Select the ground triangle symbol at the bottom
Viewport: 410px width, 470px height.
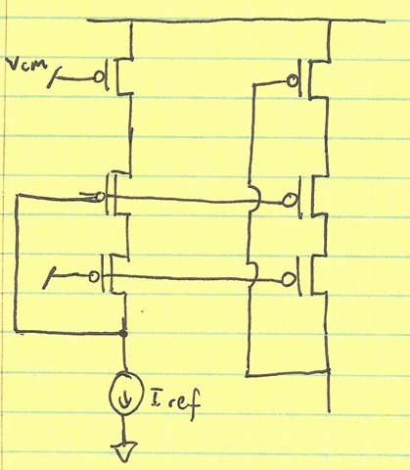124,451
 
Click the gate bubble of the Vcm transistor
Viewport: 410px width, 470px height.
99,77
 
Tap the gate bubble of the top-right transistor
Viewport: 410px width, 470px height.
293,80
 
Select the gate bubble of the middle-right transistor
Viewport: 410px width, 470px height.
289,201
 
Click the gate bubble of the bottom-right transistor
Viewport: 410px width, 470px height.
288,280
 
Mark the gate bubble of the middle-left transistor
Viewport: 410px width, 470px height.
100,197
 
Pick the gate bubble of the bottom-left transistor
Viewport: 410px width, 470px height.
94,277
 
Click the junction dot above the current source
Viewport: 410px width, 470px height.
123,333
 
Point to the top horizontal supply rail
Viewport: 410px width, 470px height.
237,22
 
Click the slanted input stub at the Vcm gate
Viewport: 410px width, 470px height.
53,76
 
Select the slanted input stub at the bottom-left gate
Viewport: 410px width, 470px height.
48,278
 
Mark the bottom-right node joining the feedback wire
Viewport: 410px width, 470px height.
328,371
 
